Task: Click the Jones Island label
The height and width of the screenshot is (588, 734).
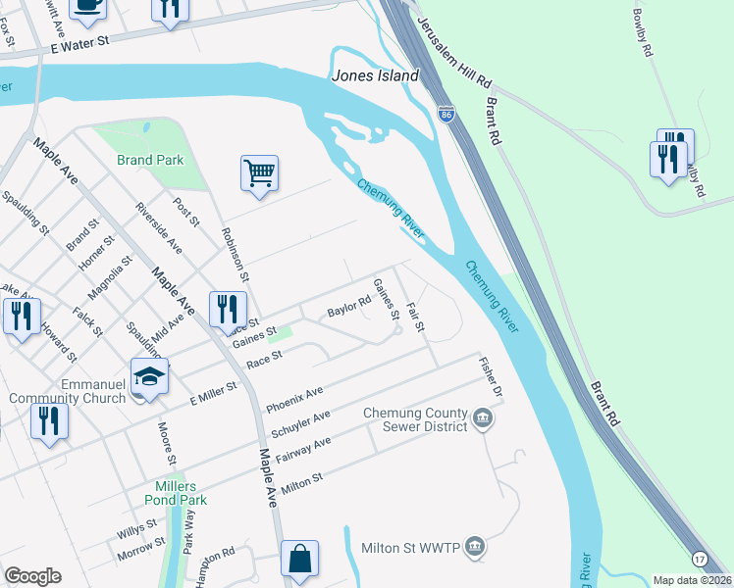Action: click(376, 75)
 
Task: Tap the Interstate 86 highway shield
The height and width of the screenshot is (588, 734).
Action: click(446, 115)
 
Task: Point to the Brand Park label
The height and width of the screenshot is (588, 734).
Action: click(148, 160)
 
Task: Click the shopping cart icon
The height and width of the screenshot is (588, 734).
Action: click(259, 173)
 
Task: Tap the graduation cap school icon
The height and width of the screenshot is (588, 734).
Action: click(149, 377)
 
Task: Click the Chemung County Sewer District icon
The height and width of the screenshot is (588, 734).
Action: click(483, 419)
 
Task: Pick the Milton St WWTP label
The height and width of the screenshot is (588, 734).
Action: click(411, 547)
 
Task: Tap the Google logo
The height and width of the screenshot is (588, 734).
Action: click(32, 576)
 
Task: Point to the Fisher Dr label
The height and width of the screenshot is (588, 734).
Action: click(491, 377)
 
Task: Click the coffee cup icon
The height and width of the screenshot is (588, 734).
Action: click(87, 6)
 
